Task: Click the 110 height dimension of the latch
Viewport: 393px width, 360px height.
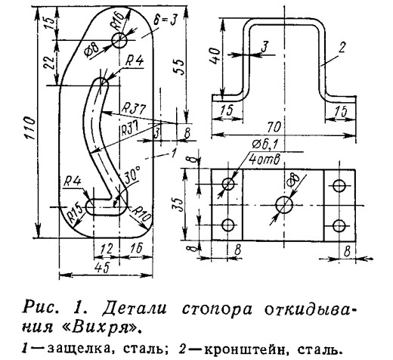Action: pyautogui.click(x=30, y=128)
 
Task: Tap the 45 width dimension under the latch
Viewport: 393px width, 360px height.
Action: pyautogui.click(x=104, y=268)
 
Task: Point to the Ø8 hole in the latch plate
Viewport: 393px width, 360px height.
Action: pyautogui.click(x=119, y=40)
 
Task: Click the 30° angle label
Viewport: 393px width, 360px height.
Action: pyautogui.click(x=132, y=175)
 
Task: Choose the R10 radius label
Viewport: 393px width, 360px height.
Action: pyautogui.click(x=141, y=215)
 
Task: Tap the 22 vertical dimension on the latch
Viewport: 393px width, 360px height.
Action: pyautogui.click(x=49, y=62)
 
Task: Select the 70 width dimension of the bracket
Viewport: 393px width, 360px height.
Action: pyautogui.click(x=274, y=127)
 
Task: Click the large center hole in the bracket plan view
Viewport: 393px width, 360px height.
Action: pyautogui.click(x=284, y=205)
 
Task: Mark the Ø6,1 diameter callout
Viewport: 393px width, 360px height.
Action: pyautogui.click(x=265, y=144)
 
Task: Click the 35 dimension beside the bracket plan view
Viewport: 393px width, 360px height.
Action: pyautogui.click(x=178, y=204)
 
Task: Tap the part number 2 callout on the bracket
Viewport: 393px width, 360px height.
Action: pyautogui.click(x=342, y=47)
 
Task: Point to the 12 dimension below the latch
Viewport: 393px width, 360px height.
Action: pyautogui.click(x=107, y=250)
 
